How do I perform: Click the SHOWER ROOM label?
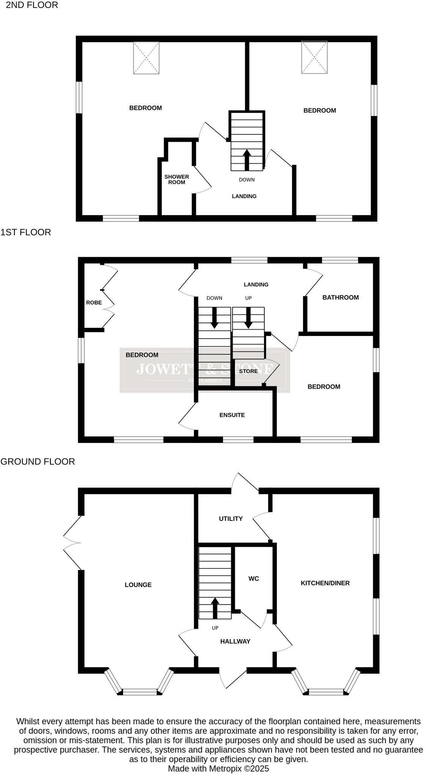pyautogui.click(x=177, y=179)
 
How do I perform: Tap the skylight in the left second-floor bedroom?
pyautogui.click(x=146, y=58)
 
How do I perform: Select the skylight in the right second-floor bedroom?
pyautogui.click(x=314, y=57)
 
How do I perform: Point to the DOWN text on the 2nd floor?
pyautogui.click(x=247, y=180)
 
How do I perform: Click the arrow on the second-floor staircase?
pyautogui.click(x=247, y=159)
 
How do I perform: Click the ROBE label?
pyautogui.click(x=94, y=302)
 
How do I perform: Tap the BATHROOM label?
pyautogui.click(x=340, y=297)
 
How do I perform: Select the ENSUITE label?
pyautogui.click(x=232, y=415)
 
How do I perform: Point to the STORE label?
pyautogui.click(x=248, y=371)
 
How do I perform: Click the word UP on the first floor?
pyautogui.click(x=248, y=298)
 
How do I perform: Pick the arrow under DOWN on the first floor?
pyautogui.click(x=214, y=318)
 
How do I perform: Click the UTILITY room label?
pyautogui.click(x=230, y=518)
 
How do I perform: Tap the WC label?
pyautogui.click(x=253, y=578)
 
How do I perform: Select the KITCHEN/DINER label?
pyautogui.click(x=325, y=583)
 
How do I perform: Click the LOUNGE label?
pyautogui.click(x=138, y=585)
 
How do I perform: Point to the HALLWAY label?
pyautogui.click(x=235, y=641)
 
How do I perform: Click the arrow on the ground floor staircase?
pyautogui.click(x=215, y=607)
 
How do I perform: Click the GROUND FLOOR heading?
pyautogui.click(x=37, y=461)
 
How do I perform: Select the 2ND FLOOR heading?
pyautogui.click(x=32, y=5)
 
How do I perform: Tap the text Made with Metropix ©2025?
pyautogui.click(x=218, y=768)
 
